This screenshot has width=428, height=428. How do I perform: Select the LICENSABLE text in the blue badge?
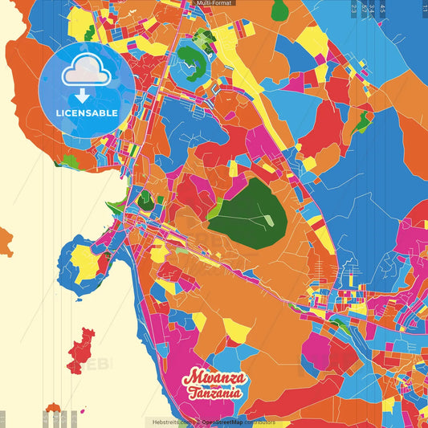[x=87, y=112]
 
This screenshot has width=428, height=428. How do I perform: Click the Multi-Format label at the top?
[x=213, y=3]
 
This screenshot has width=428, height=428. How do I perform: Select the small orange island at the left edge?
[x=5, y=240]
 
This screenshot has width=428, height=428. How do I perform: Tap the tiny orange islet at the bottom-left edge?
[x=54, y=408]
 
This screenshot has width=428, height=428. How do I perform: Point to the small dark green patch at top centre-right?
[x=279, y=10]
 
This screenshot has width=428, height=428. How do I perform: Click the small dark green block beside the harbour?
[x=145, y=200]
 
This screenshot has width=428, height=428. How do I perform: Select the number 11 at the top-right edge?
[x=424, y=7]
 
